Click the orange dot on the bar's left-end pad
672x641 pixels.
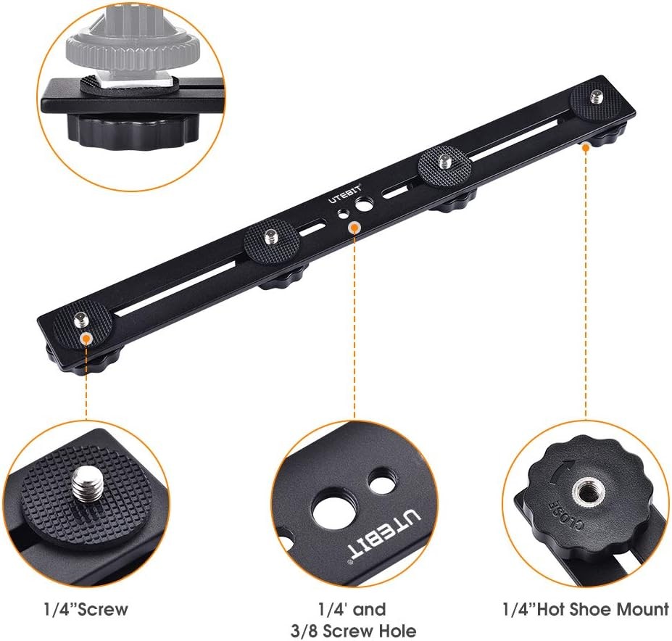tap(86, 337)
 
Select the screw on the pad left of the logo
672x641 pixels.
tap(271, 234)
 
